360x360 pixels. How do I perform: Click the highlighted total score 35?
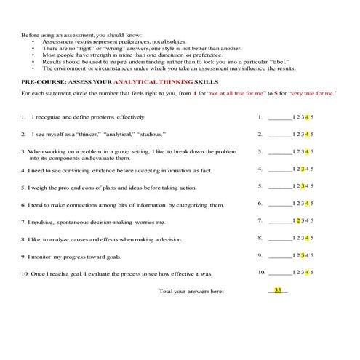(278, 290)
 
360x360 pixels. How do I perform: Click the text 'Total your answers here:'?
(191, 292)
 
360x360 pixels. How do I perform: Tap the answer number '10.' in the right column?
(262, 273)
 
